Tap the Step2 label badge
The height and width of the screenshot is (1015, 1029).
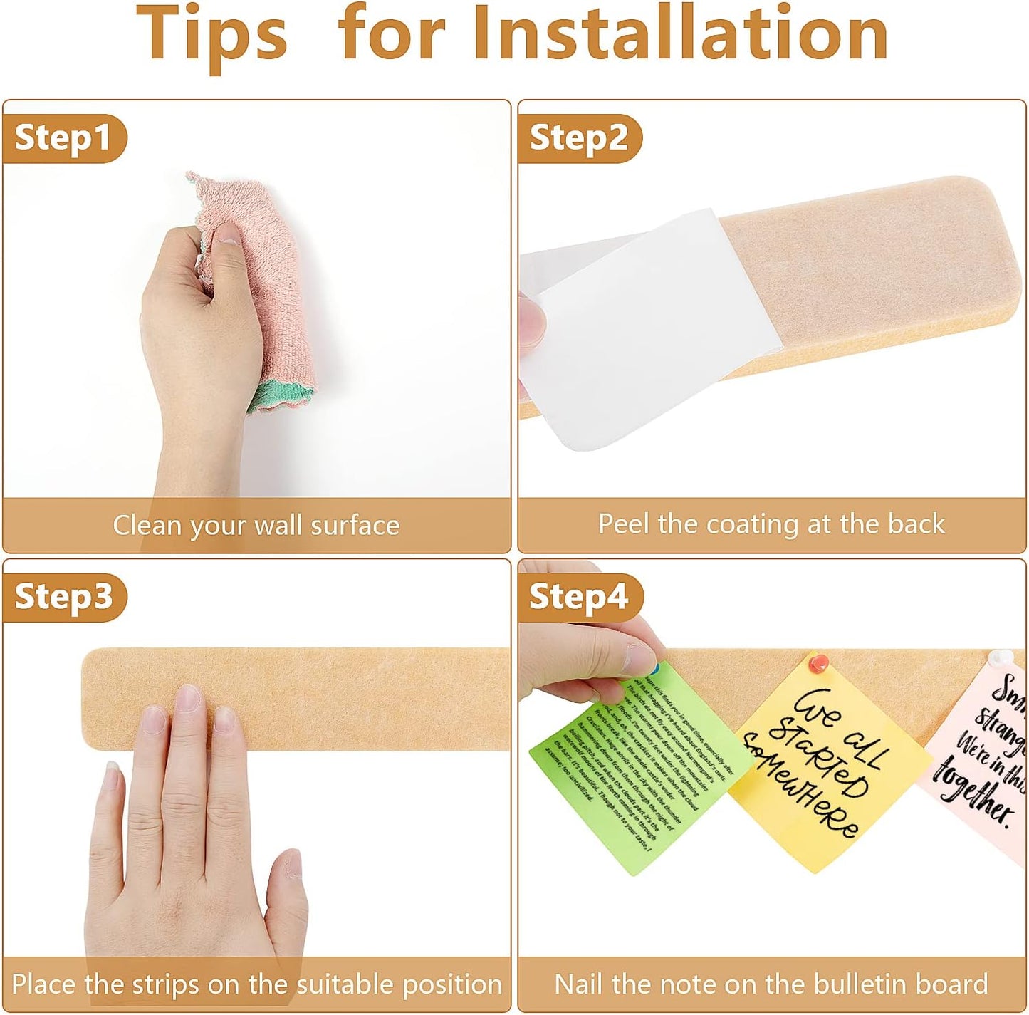point(578,137)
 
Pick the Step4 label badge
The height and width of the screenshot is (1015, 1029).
point(578,597)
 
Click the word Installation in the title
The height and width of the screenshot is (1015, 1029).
point(680,34)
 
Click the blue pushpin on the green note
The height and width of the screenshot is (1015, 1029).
point(652,669)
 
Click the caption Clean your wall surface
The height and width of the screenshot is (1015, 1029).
point(256,526)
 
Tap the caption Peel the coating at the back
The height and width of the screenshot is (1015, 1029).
point(771,524)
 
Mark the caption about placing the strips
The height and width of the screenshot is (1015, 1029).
point(256,984)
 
